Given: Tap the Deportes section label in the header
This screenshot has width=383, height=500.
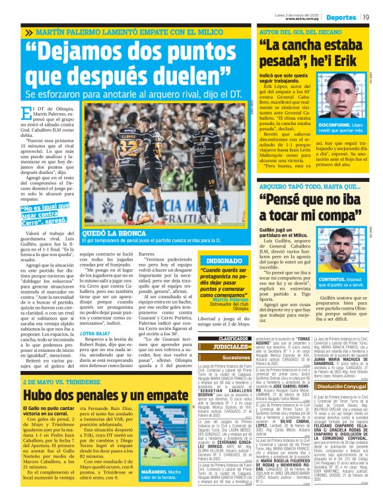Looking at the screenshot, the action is point(340,17).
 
